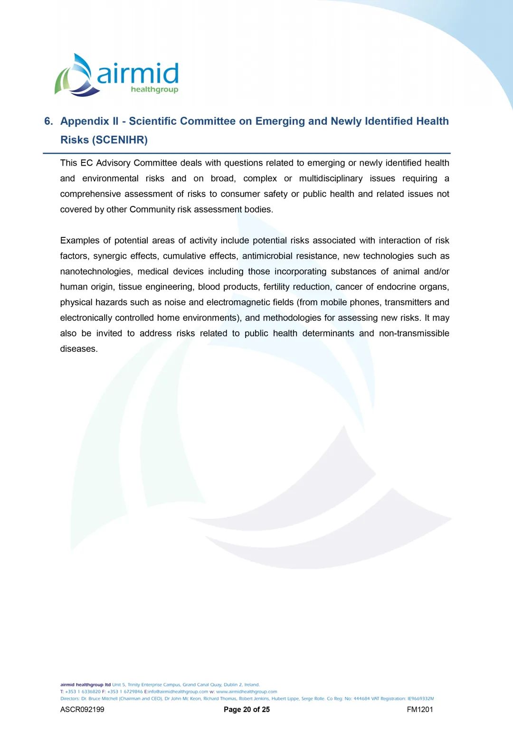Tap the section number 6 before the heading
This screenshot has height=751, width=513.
point(48,122)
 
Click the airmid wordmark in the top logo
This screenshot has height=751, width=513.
point(138,74)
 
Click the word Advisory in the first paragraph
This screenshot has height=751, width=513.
point(114,163)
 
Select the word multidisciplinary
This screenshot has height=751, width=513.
point(331,178)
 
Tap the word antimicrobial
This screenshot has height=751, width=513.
point(267,256)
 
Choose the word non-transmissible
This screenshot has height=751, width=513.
point(414,333)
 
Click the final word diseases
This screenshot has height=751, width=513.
point(78,349)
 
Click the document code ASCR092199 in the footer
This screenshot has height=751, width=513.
point(82,710)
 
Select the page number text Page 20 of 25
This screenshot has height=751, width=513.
point(247,710)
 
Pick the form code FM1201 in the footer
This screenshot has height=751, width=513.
point(420,710)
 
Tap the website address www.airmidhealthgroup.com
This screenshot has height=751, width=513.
point(247,692)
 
